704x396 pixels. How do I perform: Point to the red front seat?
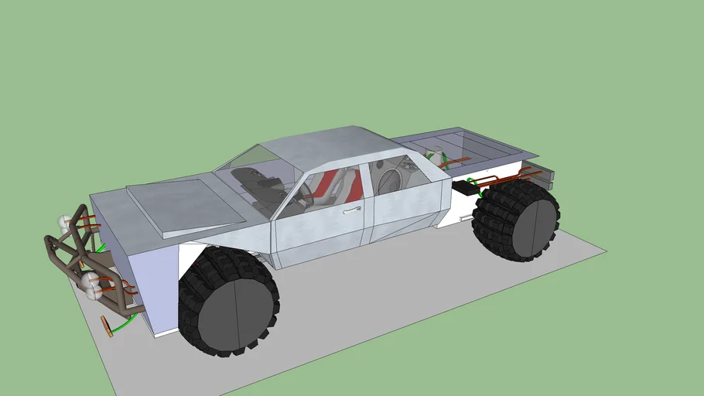[x=326, y=186]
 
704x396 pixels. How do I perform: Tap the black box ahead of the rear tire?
[x=466, y=186]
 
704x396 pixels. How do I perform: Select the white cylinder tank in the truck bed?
[x=436, y=155]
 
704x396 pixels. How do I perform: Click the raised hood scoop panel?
[x=179, y=203]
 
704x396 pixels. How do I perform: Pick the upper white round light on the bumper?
[x=64, y=223]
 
